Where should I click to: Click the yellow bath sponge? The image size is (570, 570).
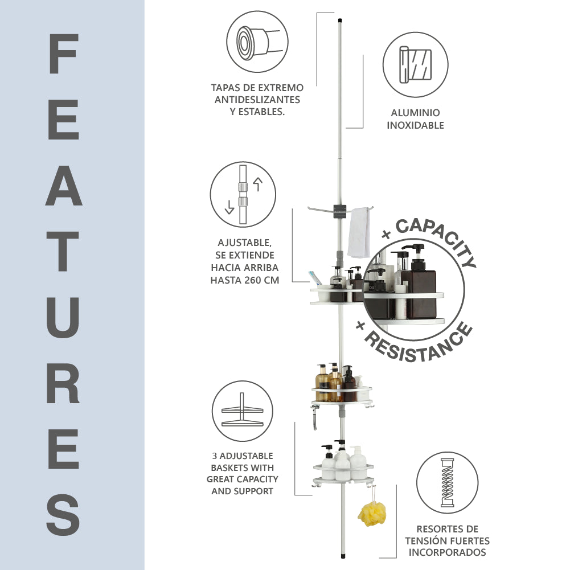tap(372, 514)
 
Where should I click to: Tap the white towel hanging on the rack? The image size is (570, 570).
tap(359, 233)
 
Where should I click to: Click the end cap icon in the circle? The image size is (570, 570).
tap(257, 42)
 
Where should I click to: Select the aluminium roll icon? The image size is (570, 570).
tap(416, 65)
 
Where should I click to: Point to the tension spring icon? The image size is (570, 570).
tap(447, 483)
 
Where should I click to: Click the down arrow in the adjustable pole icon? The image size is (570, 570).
tap(229, 207)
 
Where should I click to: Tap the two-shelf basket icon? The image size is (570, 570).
tap(242, 411)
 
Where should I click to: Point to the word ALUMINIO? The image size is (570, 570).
tap(416, 113)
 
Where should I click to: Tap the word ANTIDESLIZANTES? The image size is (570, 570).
tap(257, 100)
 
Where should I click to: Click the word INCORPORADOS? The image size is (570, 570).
tap(447, 552)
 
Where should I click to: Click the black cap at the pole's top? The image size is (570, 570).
tap(341, 20)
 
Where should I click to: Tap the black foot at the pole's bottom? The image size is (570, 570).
tap(343, 556)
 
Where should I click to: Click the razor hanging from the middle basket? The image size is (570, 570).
tap(314, 418)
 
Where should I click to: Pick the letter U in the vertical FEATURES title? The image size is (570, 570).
tap(63, 316)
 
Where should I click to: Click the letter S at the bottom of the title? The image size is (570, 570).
tap(63, 514)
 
